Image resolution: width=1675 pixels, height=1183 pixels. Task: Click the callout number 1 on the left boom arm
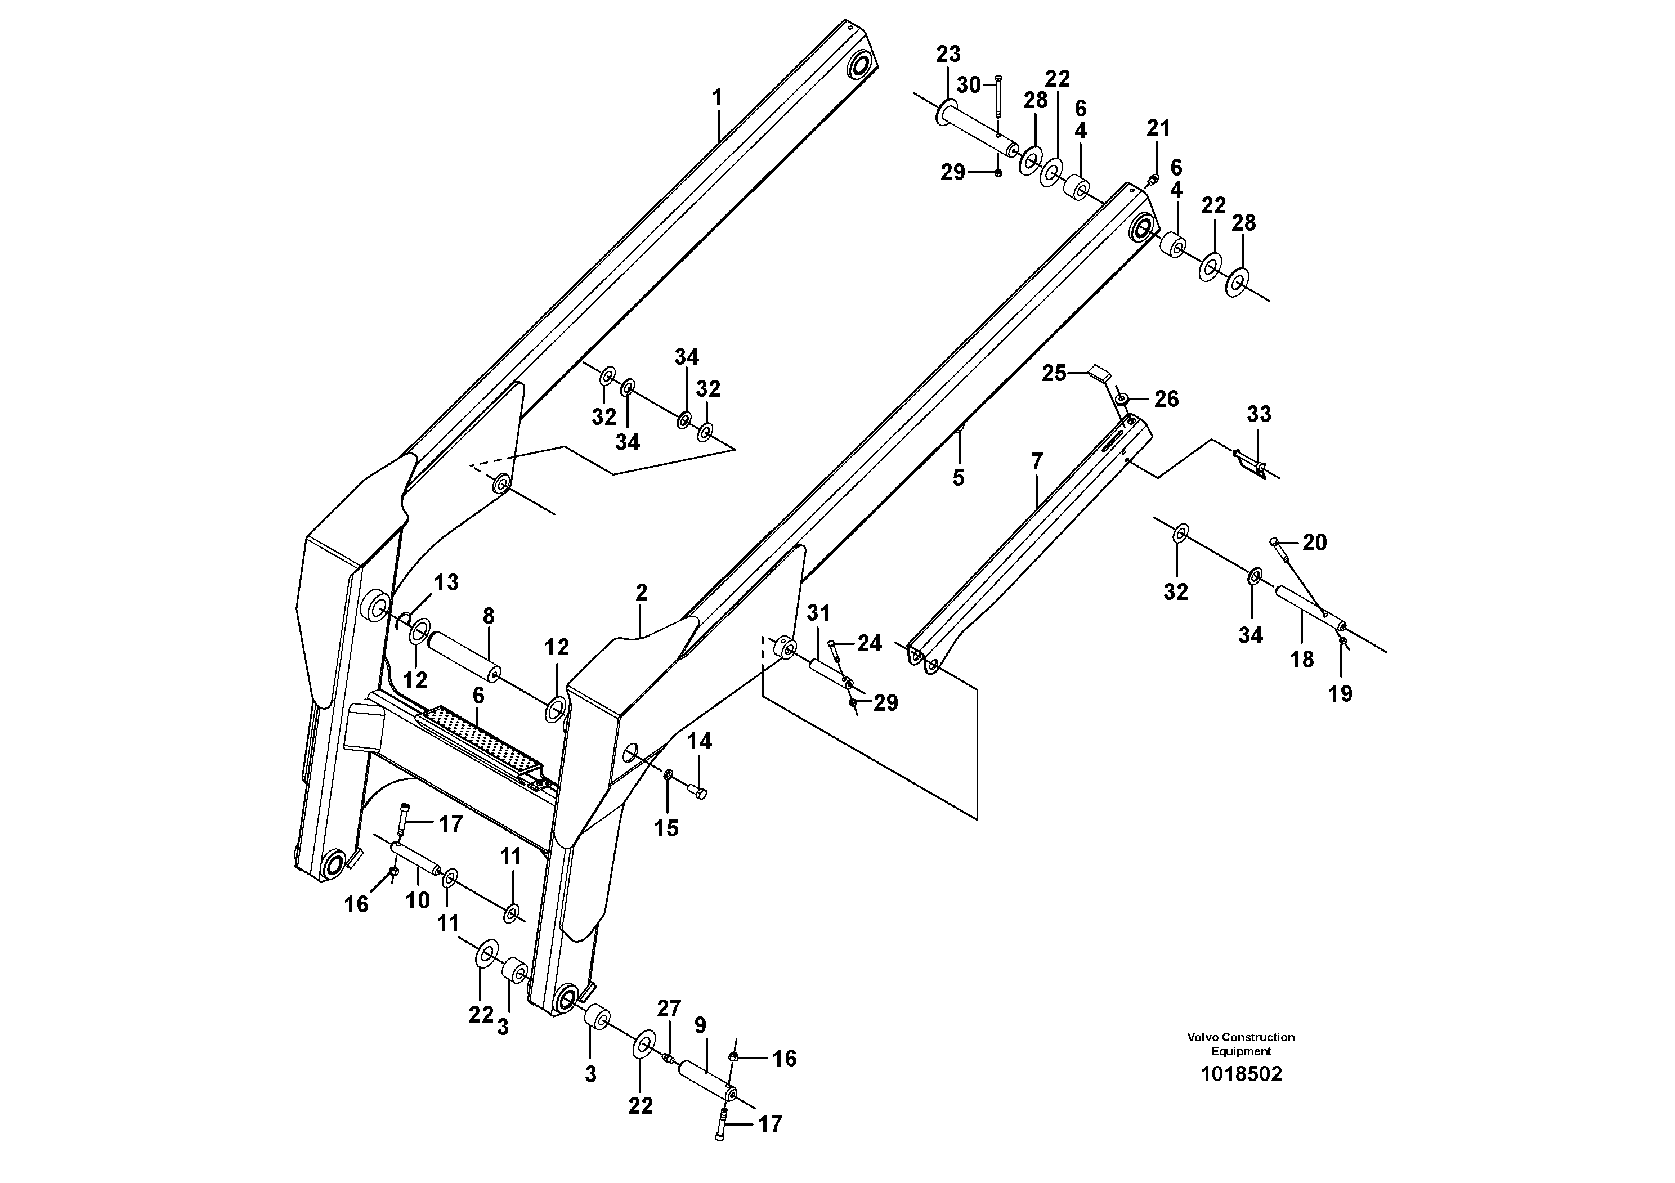tap(717, 97)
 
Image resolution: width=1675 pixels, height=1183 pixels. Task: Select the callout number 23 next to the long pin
tap(948, 54)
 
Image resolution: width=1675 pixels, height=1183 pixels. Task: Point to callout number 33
tap(1259, 414)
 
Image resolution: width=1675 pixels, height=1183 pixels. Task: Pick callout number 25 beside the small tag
tap(1054, 374)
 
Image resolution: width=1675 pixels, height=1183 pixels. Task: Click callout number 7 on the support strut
tap(1037, 461)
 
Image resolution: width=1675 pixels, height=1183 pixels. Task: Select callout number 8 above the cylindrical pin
tap(488, 616)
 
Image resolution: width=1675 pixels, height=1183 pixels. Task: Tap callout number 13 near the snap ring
tap(446, 582)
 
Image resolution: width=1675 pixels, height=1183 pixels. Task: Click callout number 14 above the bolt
tap(699, 742)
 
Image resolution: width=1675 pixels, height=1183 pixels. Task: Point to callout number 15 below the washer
tap(665, 828)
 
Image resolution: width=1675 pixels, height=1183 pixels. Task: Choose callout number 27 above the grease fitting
tap(668, 1009)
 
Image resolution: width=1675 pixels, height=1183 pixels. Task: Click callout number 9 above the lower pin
tap(700, 1026)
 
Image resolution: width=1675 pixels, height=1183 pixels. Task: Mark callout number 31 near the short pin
tap(818, 613)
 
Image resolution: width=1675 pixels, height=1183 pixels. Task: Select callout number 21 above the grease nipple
tap(1158, 128)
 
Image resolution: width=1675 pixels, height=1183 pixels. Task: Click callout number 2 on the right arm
tap(641, 593)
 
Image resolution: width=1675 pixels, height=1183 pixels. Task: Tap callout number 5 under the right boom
tap(958, 478)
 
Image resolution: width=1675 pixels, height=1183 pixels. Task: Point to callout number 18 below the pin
tap(1301, 660)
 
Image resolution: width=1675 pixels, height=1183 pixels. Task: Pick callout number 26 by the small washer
tap(1166, 398)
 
